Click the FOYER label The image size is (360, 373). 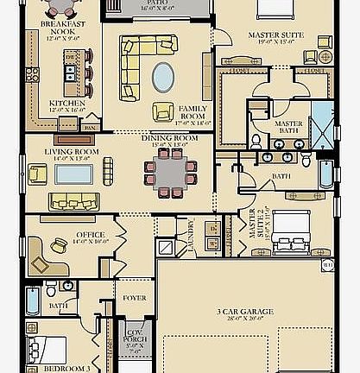pyautogui.click(x=136, y=300)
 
